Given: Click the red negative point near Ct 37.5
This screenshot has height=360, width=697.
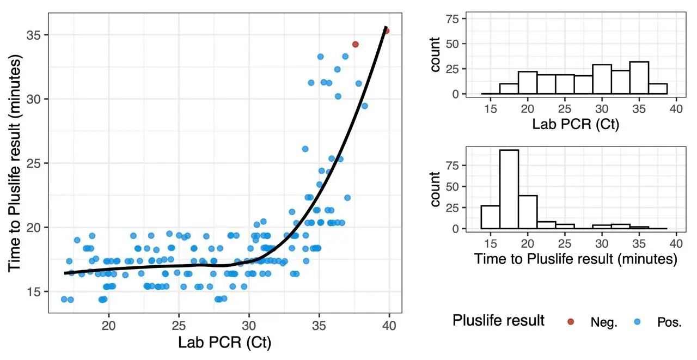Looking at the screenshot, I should click(x=355, y=45).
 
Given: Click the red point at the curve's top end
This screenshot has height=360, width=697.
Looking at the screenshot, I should click(x=386, y=31).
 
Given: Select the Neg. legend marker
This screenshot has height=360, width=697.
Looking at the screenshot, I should click(x=570, y=322).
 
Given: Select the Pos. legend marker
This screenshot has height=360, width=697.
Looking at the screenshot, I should click(x=637, y=322).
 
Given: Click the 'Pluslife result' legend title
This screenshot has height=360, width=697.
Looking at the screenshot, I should click(x=498, y=321).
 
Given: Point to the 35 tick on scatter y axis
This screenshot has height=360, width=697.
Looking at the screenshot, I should click(x=34, y=35).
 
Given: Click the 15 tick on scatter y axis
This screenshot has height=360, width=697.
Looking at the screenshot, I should click(x=34, y=291).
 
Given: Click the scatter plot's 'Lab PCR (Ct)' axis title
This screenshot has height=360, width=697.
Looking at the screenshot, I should click(x=224, y=343).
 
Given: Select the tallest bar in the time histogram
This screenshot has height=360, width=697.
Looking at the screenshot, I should click(x=509, y=189).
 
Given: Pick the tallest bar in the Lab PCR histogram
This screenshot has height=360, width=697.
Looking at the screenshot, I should click(x=639, y=77).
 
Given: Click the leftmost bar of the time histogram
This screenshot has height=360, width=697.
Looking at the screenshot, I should click(x=491, y=217).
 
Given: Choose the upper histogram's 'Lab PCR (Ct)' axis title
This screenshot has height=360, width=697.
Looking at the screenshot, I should click(x=576, y=125).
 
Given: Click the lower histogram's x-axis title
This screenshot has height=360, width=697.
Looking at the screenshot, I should click(x=576, y=259).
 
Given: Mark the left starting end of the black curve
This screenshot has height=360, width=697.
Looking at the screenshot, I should click(x=65, y=273).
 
